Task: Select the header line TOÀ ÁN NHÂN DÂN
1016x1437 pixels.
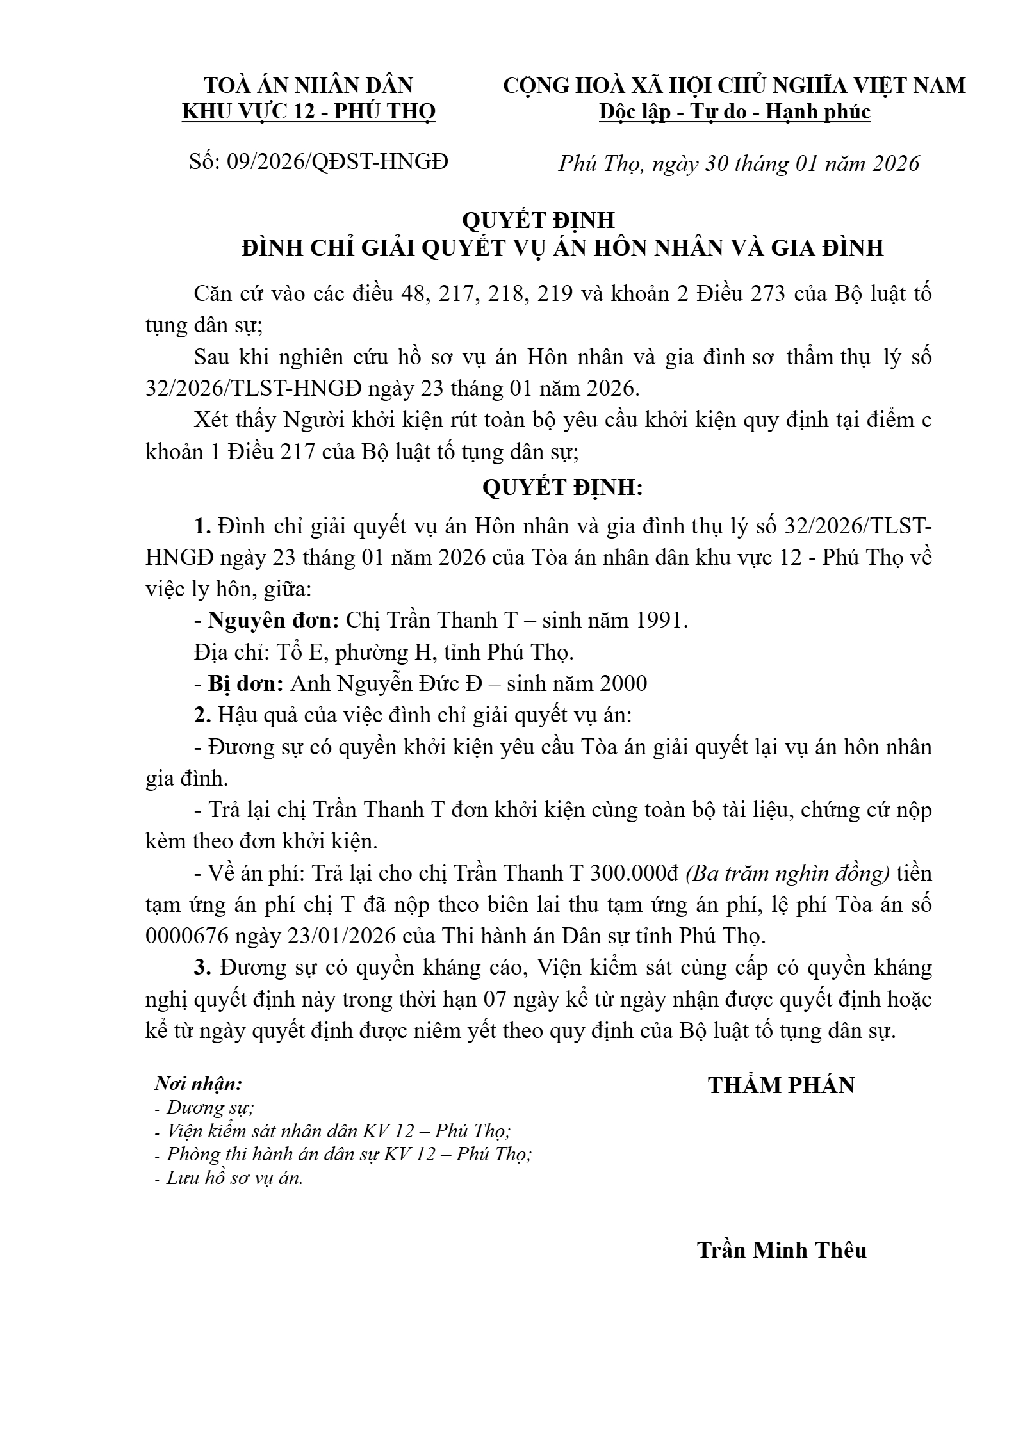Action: click(x=309, y=85)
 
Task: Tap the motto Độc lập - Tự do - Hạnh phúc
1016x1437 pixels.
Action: click(x=734, y=112)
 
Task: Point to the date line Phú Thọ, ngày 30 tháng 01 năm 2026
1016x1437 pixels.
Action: click(x=739, y=164)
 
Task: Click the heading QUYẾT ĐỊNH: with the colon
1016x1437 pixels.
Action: click(x=562, y=488)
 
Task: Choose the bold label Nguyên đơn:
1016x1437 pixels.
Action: click(x=274, y=620)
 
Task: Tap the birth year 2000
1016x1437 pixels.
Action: click(x=623, y=683)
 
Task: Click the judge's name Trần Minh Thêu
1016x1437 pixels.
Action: click(x=782, y=1250)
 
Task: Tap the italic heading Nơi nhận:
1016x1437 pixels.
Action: click(x=199, y=1084)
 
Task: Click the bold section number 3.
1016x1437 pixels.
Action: click(x=203, y=968)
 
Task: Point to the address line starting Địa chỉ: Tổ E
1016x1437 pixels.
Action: click(x=384, y=652)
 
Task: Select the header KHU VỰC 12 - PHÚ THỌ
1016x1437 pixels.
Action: click(x=309, y=112)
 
